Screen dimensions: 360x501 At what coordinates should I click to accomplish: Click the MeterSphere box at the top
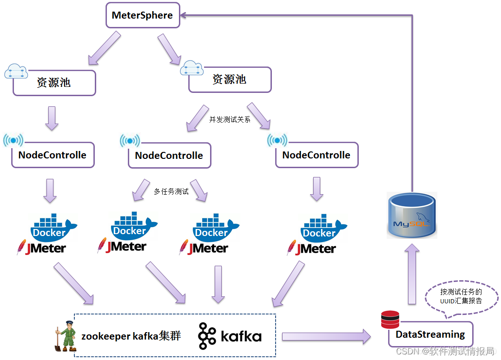(x=142, y=15)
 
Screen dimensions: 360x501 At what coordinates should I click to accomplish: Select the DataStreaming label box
(x=430, y=334)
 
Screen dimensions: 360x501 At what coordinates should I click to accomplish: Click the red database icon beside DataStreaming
(x=390, y=320)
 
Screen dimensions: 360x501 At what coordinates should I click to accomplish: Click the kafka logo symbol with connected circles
(x=207, y=336)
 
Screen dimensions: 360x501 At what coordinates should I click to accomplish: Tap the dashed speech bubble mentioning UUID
(x=461, y=297)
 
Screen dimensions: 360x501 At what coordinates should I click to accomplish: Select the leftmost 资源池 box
(x=54, y=83)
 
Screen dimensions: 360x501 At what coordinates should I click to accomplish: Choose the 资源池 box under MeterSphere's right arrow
(x=230, y=79)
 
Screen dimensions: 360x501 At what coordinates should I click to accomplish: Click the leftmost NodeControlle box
(x=53, y=155)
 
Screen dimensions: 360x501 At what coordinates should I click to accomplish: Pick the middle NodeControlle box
(x=169, y=155)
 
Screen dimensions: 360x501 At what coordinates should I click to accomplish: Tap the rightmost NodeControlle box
(x=316, y=155)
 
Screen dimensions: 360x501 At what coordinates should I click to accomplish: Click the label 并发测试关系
(x=230, y=119)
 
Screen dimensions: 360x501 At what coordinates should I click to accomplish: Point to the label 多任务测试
(x=171, y=191)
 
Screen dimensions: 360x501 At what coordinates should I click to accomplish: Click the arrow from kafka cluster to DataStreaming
(x=325, y=336)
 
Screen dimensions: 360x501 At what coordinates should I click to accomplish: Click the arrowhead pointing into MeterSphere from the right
(x=185, y=15)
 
